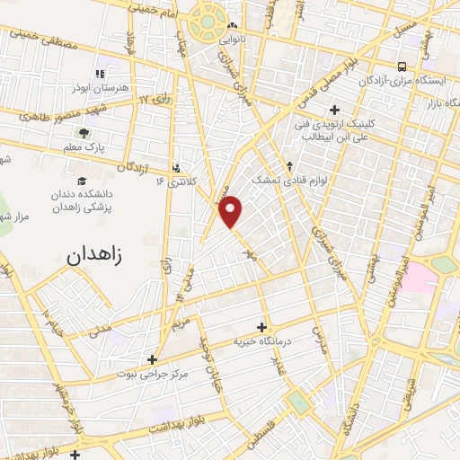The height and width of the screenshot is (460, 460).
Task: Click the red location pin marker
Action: pos(232,211)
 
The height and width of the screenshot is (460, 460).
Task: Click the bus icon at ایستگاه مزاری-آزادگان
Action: pos(402,66)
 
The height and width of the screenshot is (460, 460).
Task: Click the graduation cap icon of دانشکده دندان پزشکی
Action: pos(83,181)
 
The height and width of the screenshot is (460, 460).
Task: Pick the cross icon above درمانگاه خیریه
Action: pos(261,327)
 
